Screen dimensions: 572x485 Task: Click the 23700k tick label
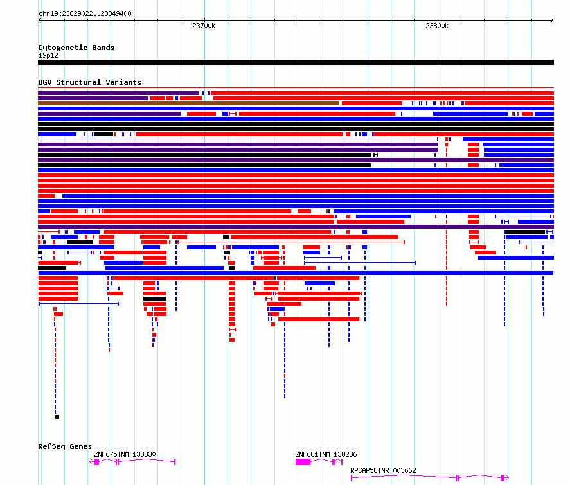coord(204,26)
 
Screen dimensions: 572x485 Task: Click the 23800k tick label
coord(437,26)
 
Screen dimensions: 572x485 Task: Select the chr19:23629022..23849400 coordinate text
coord(85,13)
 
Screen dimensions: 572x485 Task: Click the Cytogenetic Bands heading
coord(76,48)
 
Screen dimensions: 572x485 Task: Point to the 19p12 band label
coord(48,55)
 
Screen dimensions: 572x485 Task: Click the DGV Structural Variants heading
coord(90,82)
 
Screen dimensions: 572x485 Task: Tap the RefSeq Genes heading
coord(65,446)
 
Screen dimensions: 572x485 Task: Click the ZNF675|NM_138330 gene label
coord(125,454)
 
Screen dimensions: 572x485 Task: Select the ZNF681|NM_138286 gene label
coord(326,454)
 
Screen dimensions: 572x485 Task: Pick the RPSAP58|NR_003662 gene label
coord(383,470)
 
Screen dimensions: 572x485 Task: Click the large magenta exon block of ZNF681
coord(303,462)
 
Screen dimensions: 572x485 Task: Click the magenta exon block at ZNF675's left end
coord(96,462)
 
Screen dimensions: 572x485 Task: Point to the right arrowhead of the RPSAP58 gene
coord(507,477)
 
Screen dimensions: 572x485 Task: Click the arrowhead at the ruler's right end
coord(552,20)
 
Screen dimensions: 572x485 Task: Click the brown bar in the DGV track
coord(188,103)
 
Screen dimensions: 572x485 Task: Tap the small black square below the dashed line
coord(57,417)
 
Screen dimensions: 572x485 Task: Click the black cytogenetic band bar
coord(296,62)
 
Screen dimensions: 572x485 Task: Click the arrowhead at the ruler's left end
coord(40,20)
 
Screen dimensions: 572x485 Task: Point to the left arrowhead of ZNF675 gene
coord(91,462)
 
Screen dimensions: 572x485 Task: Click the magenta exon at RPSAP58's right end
coord(503,478)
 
